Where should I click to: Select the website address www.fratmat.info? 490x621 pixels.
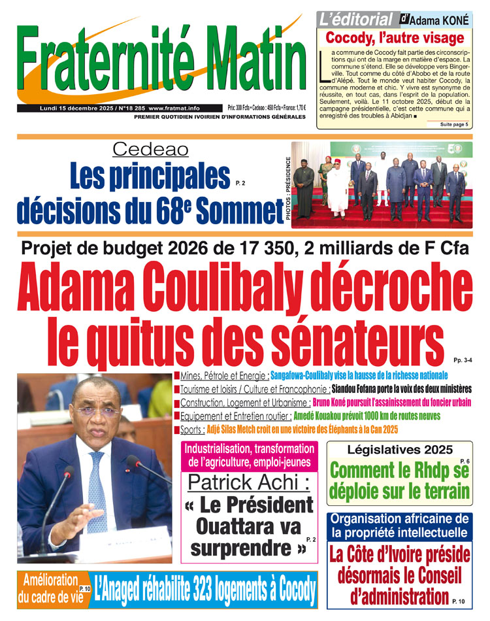coord(174,108)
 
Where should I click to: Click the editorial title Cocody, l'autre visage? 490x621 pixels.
coord(395,38)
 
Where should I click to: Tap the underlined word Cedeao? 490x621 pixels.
coord(151,150)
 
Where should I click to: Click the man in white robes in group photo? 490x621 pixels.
coord(338,190)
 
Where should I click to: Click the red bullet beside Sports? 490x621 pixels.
coord(177,429)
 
